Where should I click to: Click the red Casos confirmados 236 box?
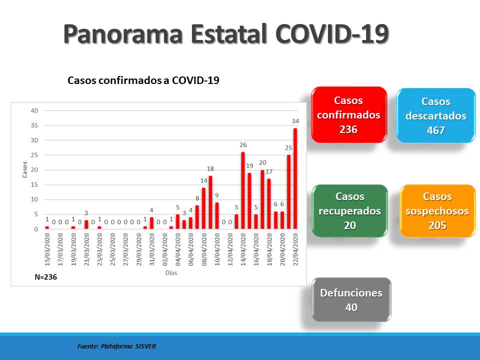pos(348,115)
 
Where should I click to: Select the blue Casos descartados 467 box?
pos(435,115)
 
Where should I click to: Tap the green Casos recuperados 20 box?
pos(349,210)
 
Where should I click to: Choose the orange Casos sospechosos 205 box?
pos(437,210)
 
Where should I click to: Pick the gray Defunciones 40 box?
pos(351,300)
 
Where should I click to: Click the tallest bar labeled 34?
pos(295,178)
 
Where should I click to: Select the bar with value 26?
pos(243,190)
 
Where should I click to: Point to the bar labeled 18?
pos(210,202)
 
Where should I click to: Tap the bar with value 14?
pos(203,208)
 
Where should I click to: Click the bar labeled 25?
pos(288,192)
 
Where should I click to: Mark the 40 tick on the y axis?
pos(34,110)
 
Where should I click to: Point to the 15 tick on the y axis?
pos(34,184)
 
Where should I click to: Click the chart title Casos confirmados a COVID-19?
pos(143,80)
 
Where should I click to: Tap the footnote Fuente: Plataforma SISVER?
pos(116,346)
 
